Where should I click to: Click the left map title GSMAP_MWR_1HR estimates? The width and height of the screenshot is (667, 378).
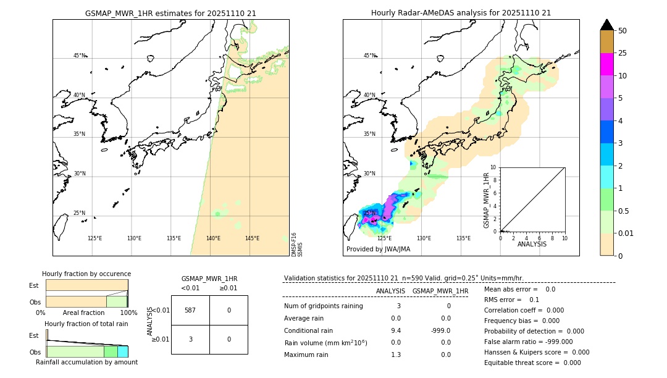click(x=170, y=13)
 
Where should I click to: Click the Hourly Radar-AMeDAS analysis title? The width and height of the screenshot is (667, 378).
click(x=461, y=13)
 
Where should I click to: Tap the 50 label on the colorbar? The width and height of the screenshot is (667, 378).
click(x=623, y=31)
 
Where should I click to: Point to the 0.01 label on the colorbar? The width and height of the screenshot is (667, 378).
click(x=627, y=233)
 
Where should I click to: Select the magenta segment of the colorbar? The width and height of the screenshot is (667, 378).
click(x=606, y=64)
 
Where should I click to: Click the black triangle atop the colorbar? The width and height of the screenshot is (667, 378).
click(x=606, y=25)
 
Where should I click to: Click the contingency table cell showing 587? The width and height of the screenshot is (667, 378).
click(x=190, y=310)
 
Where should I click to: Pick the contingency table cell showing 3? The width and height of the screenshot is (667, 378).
click(x=190, y=339)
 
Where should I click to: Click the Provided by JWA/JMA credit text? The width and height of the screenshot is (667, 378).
click(x=378, y=250)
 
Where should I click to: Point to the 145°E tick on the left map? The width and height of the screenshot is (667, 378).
click(x=252, y=238)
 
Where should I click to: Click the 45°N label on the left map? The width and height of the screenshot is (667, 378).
click(x=80, y=56)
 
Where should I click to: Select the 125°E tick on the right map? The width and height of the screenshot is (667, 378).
click(x=384, y=238)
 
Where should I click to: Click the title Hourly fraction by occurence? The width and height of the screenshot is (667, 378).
click(x=86, y=274)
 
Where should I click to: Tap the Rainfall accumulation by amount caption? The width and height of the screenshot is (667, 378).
click(x=86, y=363)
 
